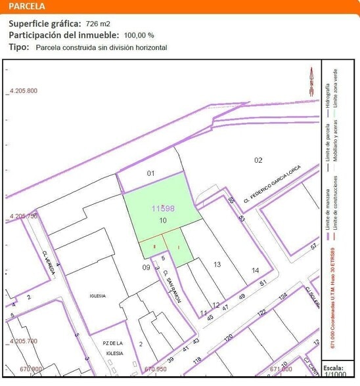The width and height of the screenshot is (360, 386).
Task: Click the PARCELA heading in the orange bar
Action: click(27, 7)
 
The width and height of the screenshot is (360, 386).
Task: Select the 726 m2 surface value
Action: click(97, 24)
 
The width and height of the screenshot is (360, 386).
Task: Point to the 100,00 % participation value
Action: click(139, 35)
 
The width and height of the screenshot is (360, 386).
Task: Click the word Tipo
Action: click(18, 47)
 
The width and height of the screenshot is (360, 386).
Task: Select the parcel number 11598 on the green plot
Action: click(163, 209)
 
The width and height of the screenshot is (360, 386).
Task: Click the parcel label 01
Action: click(150, 173)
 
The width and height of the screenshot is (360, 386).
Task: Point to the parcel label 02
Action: click(258, 160)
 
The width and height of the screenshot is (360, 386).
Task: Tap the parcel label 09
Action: click(146, 267)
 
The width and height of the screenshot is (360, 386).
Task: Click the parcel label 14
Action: click(255, 270)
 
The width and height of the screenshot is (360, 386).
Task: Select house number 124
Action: click(283, 297)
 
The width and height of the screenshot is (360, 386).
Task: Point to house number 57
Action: click(314, 246)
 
